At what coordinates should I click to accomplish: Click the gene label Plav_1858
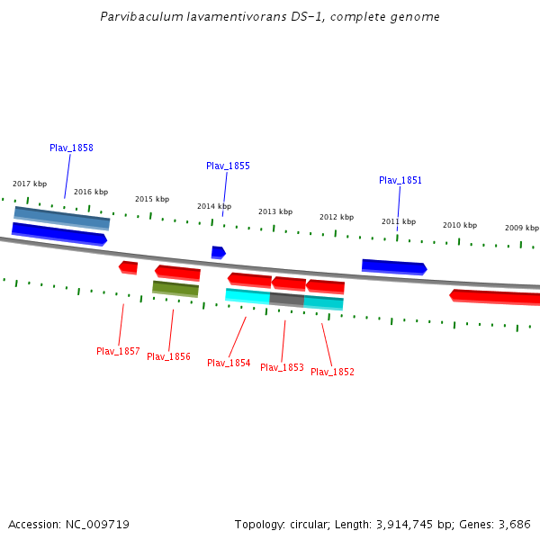[71, 148]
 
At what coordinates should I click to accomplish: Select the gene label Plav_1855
[228, 166]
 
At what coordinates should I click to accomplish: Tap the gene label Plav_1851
[400, 180]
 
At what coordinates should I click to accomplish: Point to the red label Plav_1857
[118, 351]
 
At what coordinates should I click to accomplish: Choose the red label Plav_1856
[168, 356]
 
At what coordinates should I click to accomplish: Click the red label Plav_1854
[229, 363]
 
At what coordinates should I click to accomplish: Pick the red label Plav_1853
[282, 367]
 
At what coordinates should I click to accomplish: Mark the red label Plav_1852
[332, 372]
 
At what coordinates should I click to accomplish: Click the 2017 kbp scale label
[30, 184]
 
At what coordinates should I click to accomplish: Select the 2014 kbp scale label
[214, 206]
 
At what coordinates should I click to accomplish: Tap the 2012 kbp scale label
[337, 217]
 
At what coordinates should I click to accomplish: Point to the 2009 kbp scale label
[522, 228]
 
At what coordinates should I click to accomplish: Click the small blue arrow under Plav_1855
[218, 252]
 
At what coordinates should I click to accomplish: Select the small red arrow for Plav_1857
[129, 266]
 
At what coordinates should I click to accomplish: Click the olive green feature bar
[175, 288]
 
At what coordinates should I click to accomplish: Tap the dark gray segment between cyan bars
[287, 299]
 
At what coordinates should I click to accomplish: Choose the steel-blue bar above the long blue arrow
[62, 216]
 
